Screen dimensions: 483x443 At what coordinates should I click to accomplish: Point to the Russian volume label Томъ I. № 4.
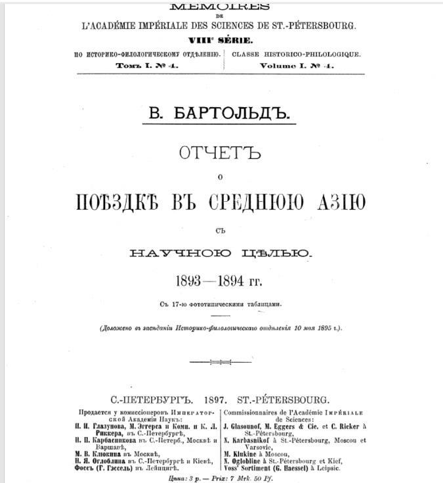click(x=146, y=66)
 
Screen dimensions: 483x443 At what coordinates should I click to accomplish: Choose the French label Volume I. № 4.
click(x=297, y=66)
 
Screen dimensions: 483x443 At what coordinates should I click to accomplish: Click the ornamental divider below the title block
click(x=220, y=361)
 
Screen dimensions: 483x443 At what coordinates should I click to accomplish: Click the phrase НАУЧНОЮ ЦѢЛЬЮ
click(x=220, y=252)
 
